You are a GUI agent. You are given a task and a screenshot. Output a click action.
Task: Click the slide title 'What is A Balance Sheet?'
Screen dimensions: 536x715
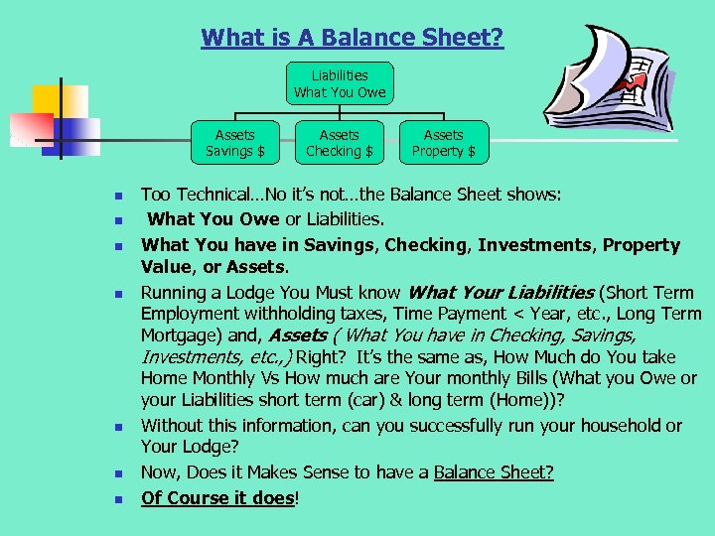tap(352, 39)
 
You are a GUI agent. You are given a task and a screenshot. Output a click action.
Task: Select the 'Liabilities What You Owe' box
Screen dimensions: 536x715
tap(340, 83)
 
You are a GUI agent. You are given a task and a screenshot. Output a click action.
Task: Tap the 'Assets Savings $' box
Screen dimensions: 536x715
tap(234, 143)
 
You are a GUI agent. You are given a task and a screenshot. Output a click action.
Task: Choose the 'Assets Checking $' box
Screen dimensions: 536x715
tap(339, 143)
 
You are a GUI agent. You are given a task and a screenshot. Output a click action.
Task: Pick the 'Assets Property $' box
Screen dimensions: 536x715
tap(443, 143)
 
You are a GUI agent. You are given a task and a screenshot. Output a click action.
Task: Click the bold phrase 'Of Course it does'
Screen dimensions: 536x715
tap(217, 497)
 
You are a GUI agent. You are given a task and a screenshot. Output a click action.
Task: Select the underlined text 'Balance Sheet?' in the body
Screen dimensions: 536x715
tap(494, 472)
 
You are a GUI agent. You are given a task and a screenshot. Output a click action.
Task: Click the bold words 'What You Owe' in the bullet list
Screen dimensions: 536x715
tap(204, 218)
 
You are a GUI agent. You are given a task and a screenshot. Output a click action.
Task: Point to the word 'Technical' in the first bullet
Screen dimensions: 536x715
tap(211, 195)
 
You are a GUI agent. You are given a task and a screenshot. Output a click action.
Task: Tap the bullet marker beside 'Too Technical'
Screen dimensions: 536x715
tap(117, 196)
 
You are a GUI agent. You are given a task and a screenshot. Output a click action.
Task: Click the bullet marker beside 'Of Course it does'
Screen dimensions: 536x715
tap(117, 498)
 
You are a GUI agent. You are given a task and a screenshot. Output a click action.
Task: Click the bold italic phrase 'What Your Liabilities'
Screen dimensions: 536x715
tap(500, 292)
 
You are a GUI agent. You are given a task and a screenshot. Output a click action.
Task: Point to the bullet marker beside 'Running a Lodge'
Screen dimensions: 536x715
tap(117, 294)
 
